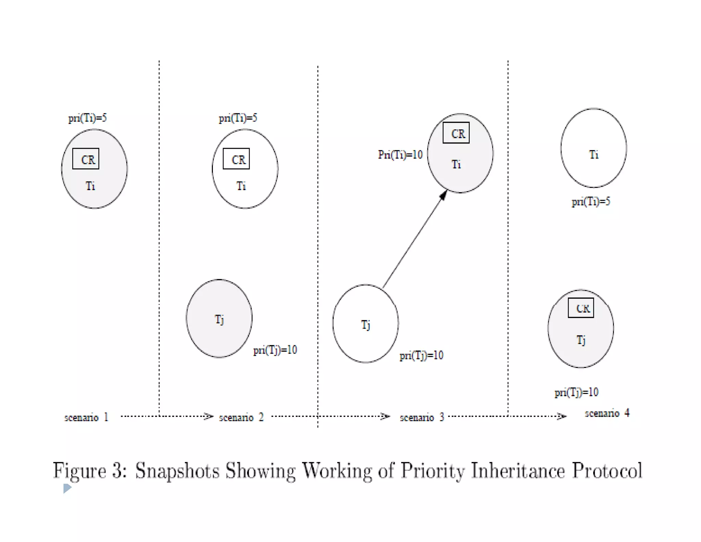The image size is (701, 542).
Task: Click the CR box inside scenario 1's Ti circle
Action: (86, 159)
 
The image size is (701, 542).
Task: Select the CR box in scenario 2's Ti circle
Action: (236, 159)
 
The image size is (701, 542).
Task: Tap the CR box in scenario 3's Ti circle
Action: (456, 133)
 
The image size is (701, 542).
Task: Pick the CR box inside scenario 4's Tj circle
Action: (581, 308)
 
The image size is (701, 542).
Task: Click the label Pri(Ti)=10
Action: (400, 155)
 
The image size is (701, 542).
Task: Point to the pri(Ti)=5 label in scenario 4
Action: (591, 201)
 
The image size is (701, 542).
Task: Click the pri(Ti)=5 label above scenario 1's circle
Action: (87, 118)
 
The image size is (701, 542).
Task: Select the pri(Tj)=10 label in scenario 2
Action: (275, 350)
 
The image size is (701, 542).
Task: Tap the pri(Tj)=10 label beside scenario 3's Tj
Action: (421, 355)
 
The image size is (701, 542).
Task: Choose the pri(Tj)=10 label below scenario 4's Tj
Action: (576, 392)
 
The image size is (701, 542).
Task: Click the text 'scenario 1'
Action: (86, 417)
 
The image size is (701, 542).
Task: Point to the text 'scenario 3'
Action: (422, 417)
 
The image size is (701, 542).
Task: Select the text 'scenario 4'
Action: (607, 413)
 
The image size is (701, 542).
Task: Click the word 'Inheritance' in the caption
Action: (518, 470)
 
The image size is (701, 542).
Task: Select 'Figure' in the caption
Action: (79, 471)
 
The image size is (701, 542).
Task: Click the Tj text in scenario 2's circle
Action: (219, 319)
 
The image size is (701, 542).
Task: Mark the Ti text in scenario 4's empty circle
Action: (594, 155)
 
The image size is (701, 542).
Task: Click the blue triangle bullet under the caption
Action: (67, 488)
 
